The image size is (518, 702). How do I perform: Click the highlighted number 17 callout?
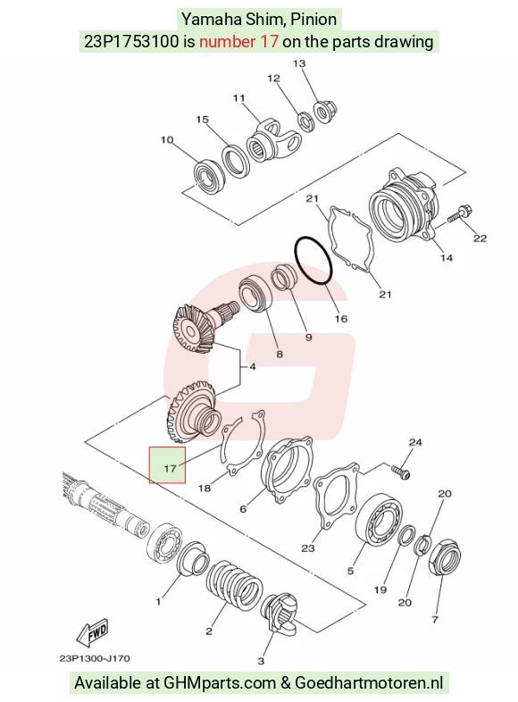click(167, 465)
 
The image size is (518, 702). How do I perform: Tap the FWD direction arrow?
click(93, 632)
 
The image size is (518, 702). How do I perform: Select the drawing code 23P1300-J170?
click(95, 658)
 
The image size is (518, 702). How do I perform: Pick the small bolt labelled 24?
click(401, 472)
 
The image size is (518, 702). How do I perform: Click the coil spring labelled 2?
click(234, 586)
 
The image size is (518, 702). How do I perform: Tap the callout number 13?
click(299, 63)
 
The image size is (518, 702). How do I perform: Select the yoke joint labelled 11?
click(272, 141)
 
